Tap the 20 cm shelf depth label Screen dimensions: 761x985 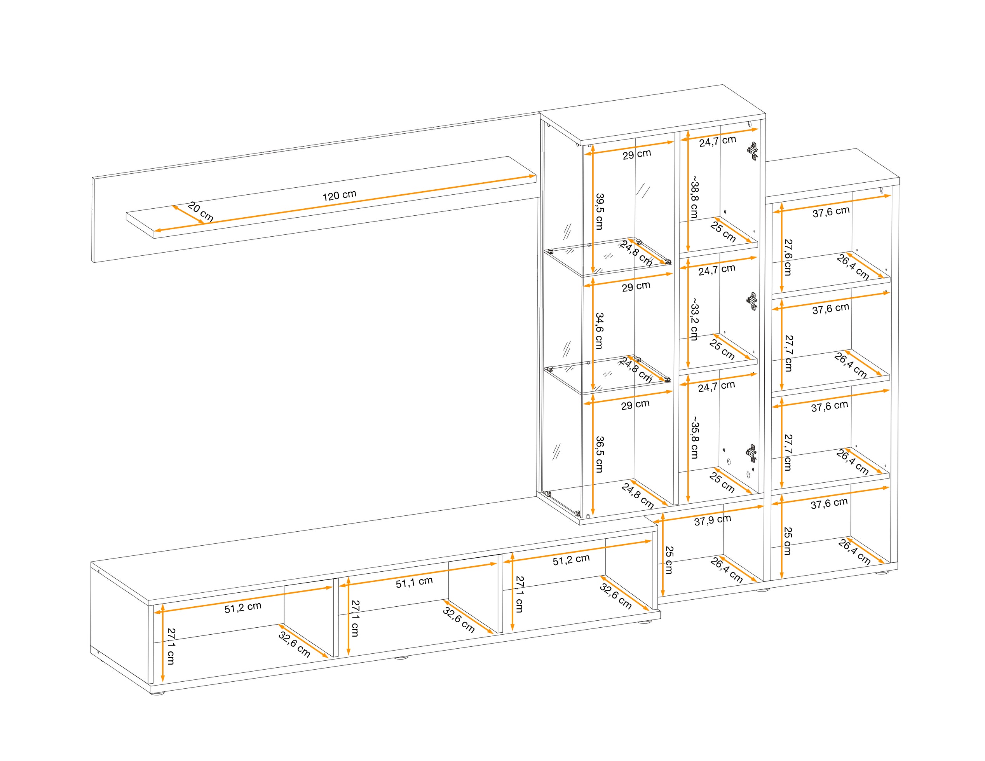(200, 211)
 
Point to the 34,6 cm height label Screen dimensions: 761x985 (599, 331)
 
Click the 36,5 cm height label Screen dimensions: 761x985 (599, 454)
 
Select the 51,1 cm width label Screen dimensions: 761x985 (414, 582)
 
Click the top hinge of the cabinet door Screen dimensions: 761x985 (753, 152)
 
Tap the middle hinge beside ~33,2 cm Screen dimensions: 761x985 (752, 301)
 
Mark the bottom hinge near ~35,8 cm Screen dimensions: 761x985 (751, 453)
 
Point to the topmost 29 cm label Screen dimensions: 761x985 (637, 154)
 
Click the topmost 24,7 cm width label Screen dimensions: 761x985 (718, 141)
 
